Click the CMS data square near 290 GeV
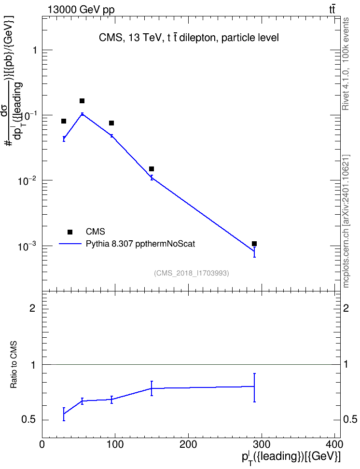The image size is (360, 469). pyautogui.click(x=254, y=244)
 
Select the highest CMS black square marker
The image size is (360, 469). pyautogui.click(x=82, y=101)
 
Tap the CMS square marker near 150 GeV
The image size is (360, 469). pyautogui.click(x=152, y=169)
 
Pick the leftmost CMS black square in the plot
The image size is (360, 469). pyautogui.click(x=64, y=121)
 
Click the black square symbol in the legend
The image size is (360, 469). pyautogui.click(x=70, y=232)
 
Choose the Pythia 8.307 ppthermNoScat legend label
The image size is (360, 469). pyautogui.click(x=140, y=244)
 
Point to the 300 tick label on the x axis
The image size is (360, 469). pyautogui.click(x=262, y=444)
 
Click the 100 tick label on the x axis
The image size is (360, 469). pyautogui.click(x=115, y=444)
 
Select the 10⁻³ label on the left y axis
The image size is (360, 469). pyautogui.click(x=27, y=246)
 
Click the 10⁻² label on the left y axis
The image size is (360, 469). pyautogui.click(x=27, y=180)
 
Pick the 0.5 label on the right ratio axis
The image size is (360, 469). pyautogui.click(x=350, y=420)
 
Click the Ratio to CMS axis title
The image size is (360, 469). pyautogui.click(x=14, y=365)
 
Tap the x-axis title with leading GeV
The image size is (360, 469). pyautogui.click(x=291, y=457)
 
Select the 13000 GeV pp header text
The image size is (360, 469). pyautogui.click(x=81, y=10)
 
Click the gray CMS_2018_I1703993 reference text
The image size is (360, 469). pyautogui.click(x=192, y=273)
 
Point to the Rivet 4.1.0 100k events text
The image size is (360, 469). pyautogui.click(x=346, y=64)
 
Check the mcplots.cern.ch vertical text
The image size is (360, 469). pyautogui.click(x=346, y=221)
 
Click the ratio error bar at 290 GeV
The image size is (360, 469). pyautogui.click(x=254, y=387)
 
